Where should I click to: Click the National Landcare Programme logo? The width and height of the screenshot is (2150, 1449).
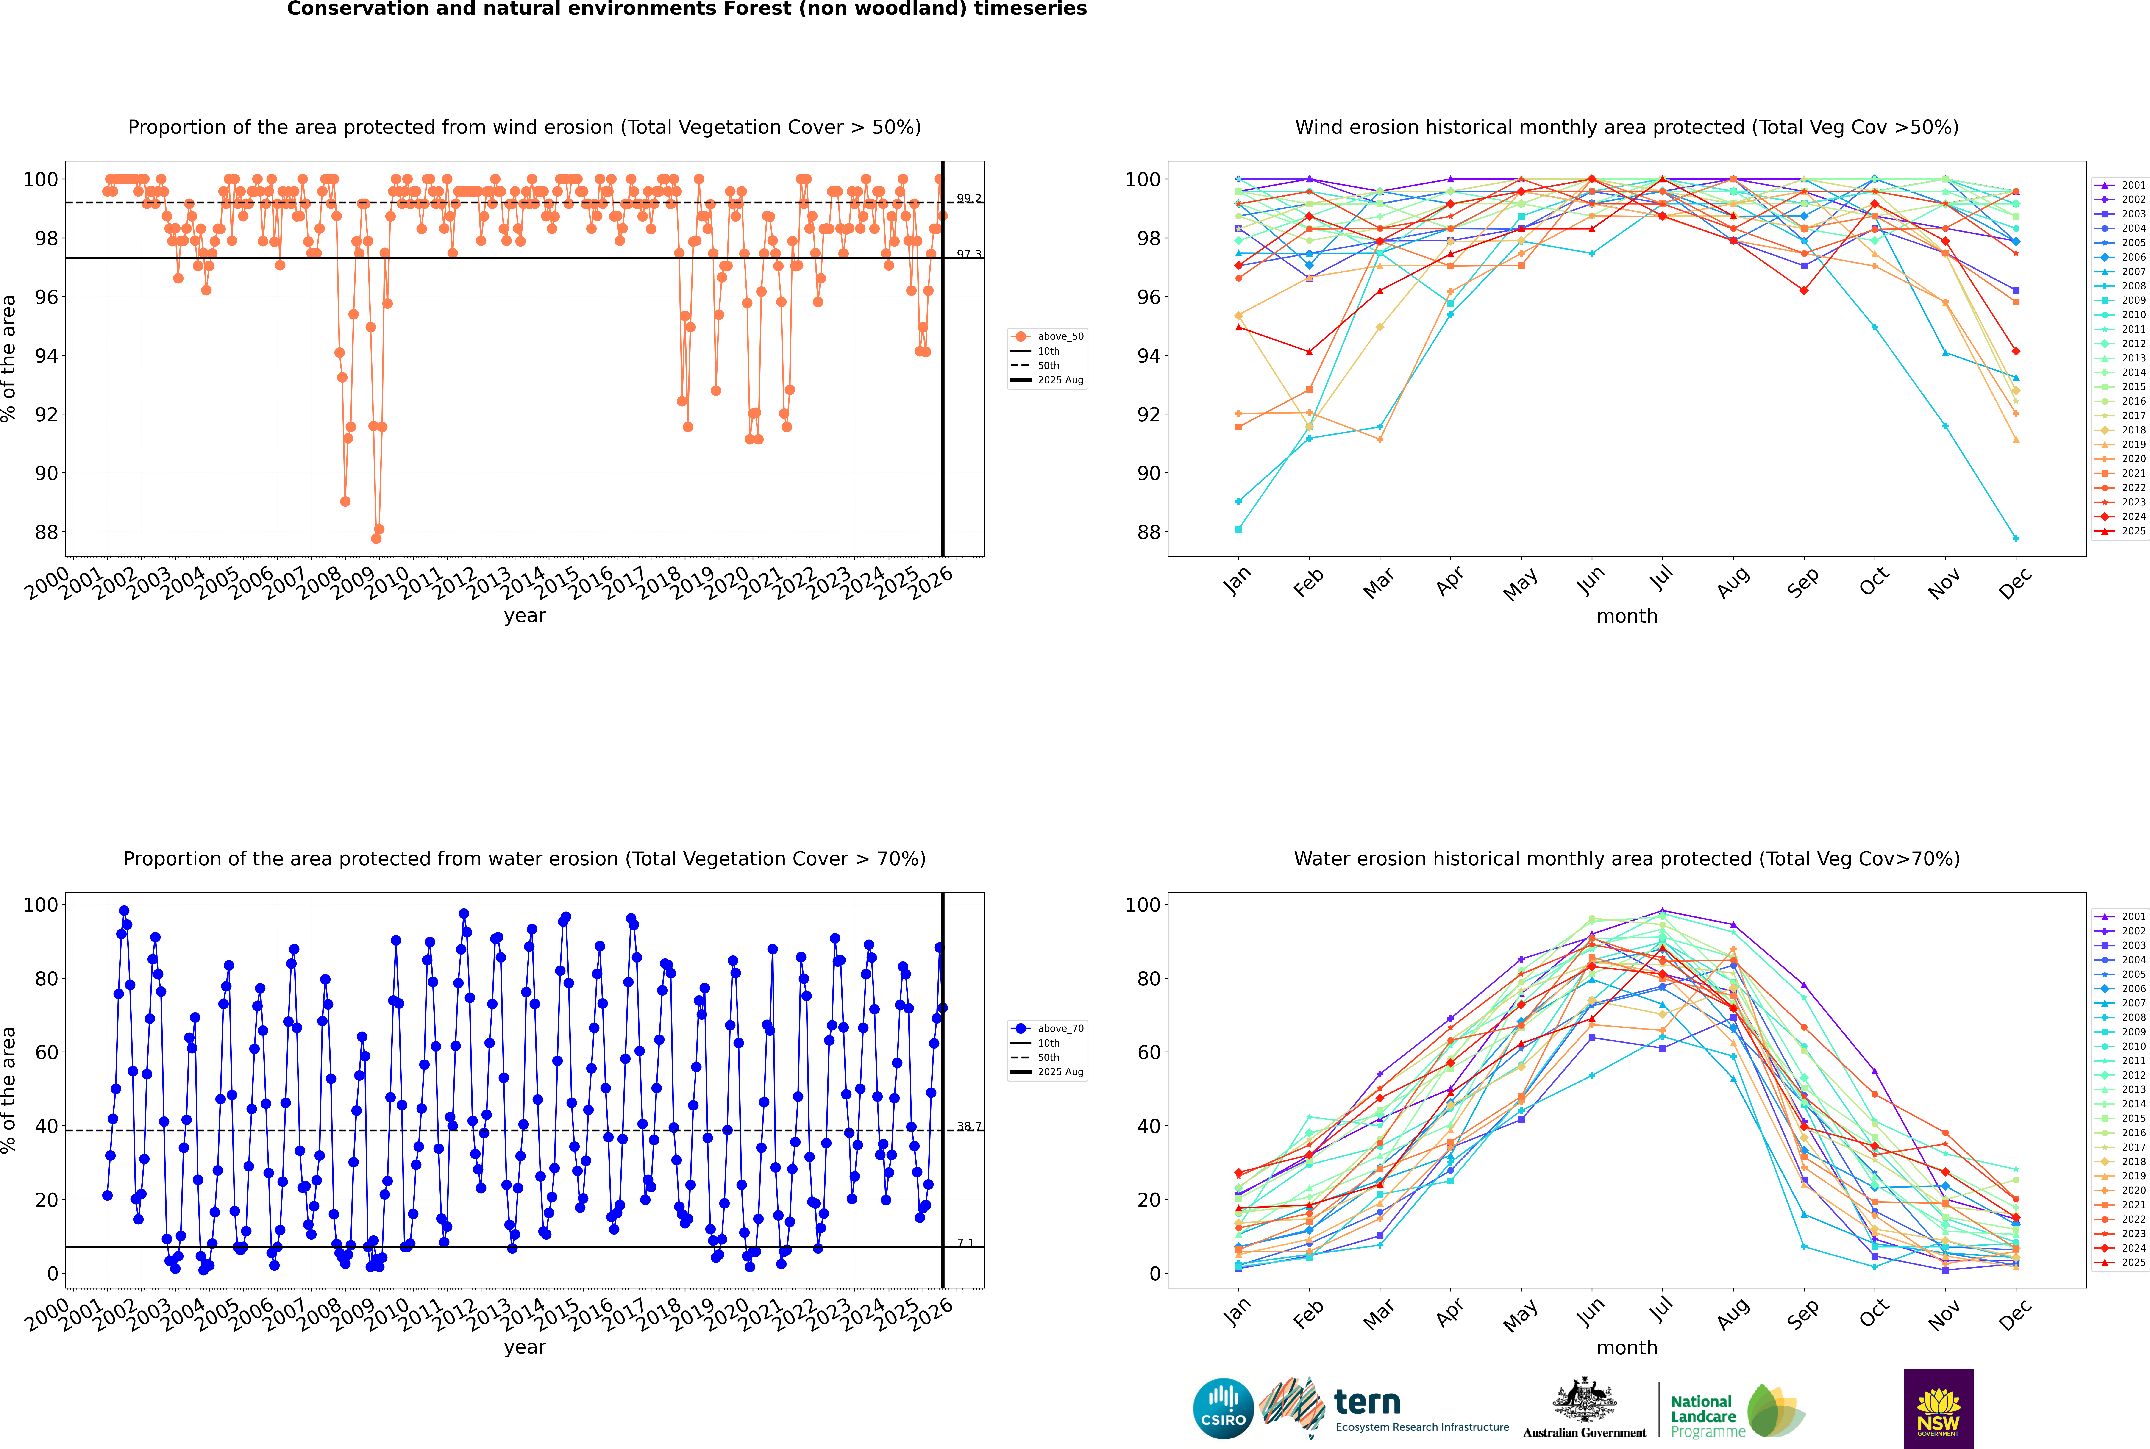(x=1736, y=1411)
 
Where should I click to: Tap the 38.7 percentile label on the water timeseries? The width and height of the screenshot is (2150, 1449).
(x=969, y=1127)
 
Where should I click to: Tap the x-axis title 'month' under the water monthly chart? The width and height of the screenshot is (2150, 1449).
(x=1627, y=1347)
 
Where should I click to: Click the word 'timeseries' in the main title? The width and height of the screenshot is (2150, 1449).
(x=1029, y=9)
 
